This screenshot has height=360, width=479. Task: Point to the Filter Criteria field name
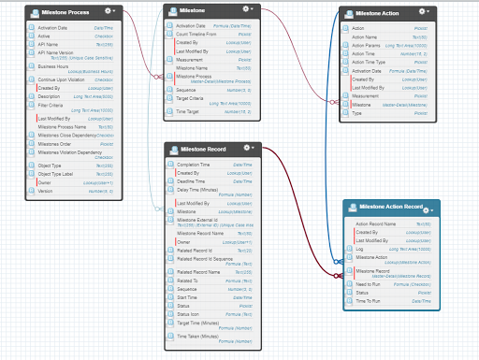(55, 107)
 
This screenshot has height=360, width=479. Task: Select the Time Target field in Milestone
(193, 110)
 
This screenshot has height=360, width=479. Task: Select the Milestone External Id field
(203, 220)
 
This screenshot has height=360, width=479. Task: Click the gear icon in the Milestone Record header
(247, 149)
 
